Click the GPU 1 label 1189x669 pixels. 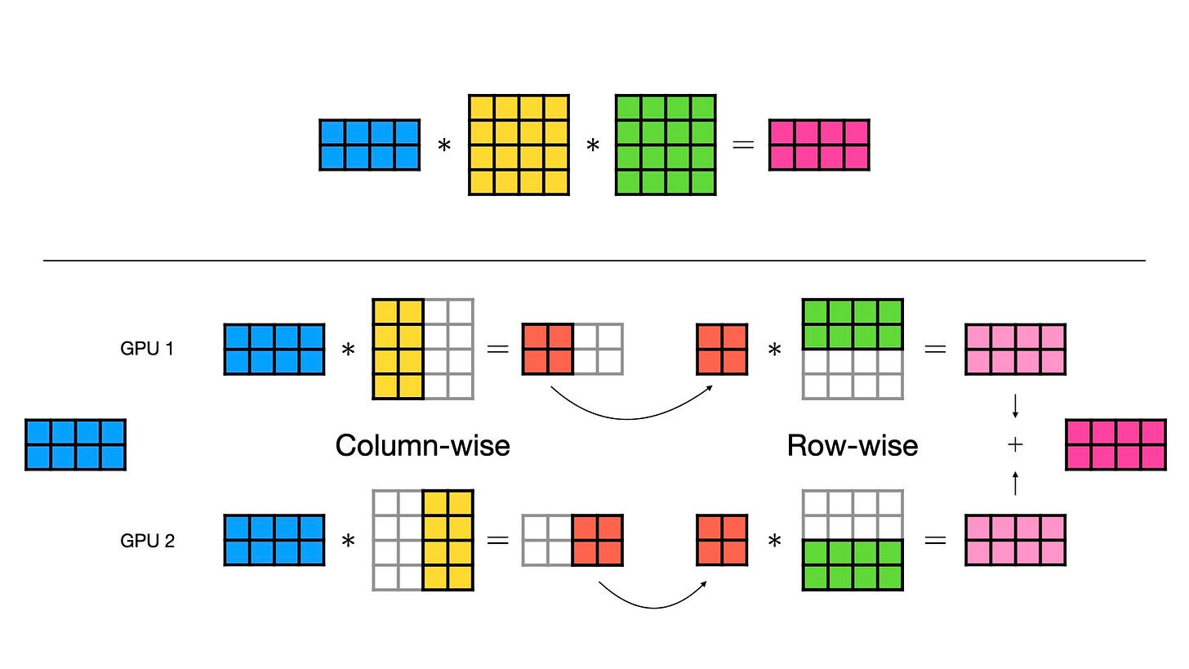pos(147,349)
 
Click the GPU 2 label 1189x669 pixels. pos(147,541)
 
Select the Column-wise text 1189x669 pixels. pos(422,445)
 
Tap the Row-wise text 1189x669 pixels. pos(853,445)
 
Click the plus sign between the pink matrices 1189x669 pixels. pos(1015,444)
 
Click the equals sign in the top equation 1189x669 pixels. pos(742,145)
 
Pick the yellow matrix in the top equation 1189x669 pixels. pos(519,145)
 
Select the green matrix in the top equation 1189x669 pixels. pos(666,145)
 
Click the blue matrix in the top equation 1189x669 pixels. pos(370,145)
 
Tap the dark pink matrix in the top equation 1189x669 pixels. pos(819,145)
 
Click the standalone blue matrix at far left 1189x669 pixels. pos(75,444)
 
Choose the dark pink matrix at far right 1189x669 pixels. pos(1116,444)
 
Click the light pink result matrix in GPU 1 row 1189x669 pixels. pos(1015,349)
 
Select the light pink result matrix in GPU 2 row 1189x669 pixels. pos(1015,540)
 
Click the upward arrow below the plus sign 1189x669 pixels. pos(1015,483)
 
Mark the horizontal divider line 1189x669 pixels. pos(594,261)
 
